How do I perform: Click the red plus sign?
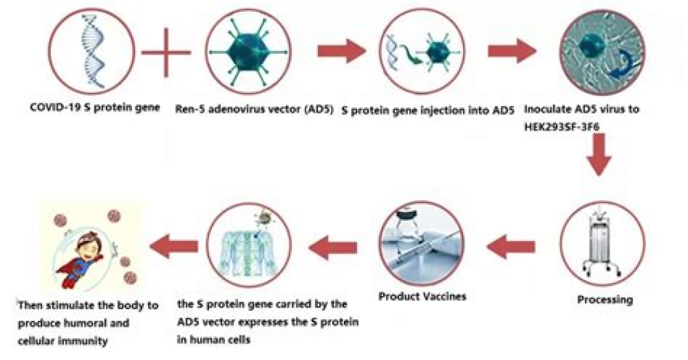[166, 53]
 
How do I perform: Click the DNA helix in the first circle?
[93, 52]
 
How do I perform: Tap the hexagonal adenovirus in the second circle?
[248, 52]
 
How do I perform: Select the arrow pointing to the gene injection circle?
[341, 52]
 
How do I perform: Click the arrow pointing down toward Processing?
[599, 153]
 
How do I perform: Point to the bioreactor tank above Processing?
[602, 243]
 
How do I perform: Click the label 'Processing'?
[605, 300]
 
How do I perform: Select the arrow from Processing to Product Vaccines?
[510, 246]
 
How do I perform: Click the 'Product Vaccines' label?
[422, 297]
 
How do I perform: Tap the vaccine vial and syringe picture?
[422, 244]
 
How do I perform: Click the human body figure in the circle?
[248, 246]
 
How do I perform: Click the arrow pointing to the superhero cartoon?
[174, 246]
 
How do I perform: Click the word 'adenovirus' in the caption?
[233, 109]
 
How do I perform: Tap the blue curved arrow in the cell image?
[622, 64]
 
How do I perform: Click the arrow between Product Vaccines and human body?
[332, 247]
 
